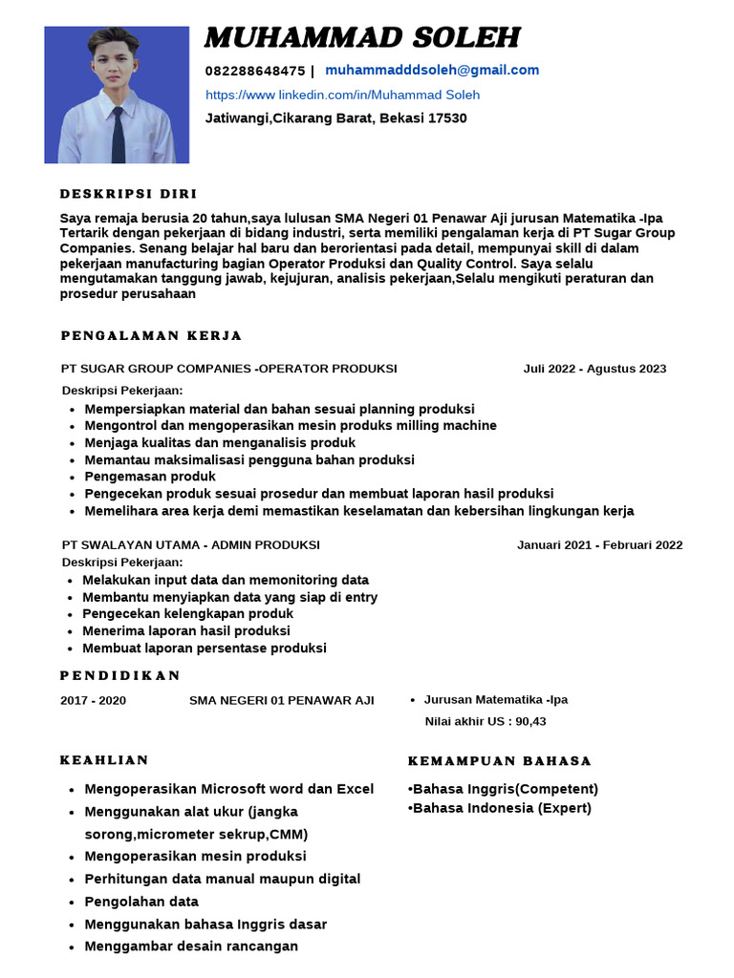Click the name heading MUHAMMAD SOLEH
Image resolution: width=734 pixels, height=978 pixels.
[362, 38]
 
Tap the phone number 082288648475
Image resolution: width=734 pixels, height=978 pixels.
[254, 71]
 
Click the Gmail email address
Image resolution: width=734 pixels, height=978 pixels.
[432, 70]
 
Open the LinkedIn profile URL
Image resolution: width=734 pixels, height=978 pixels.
[342, 95]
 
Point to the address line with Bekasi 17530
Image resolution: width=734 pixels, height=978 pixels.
[335, 118]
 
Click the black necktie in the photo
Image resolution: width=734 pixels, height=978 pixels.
[117, 134]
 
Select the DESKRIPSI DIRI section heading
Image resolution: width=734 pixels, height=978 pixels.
[128, 193]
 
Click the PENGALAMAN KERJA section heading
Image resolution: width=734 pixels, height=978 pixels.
[151, 335]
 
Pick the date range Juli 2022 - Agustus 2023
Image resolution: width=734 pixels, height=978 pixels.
[594, 369]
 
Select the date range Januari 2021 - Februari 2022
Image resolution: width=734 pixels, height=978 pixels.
[599, 545]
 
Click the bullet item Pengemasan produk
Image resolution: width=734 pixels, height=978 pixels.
[150, 477]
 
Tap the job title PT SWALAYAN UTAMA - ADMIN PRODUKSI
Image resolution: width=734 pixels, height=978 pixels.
[191, 545]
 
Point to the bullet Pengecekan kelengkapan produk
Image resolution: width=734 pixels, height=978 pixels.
[187, 614]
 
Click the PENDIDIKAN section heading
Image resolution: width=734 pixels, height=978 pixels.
[120, 675]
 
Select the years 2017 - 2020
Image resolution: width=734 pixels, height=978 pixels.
[93, 700]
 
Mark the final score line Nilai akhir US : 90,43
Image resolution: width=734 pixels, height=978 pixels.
[485, 721]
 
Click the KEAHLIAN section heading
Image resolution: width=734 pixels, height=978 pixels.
[104, 760]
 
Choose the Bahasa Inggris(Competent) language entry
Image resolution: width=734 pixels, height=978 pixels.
[503, 789]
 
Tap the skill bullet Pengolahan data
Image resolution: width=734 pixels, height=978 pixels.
[141, 902]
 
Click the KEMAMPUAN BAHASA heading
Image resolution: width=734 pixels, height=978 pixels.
[500, 761]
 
